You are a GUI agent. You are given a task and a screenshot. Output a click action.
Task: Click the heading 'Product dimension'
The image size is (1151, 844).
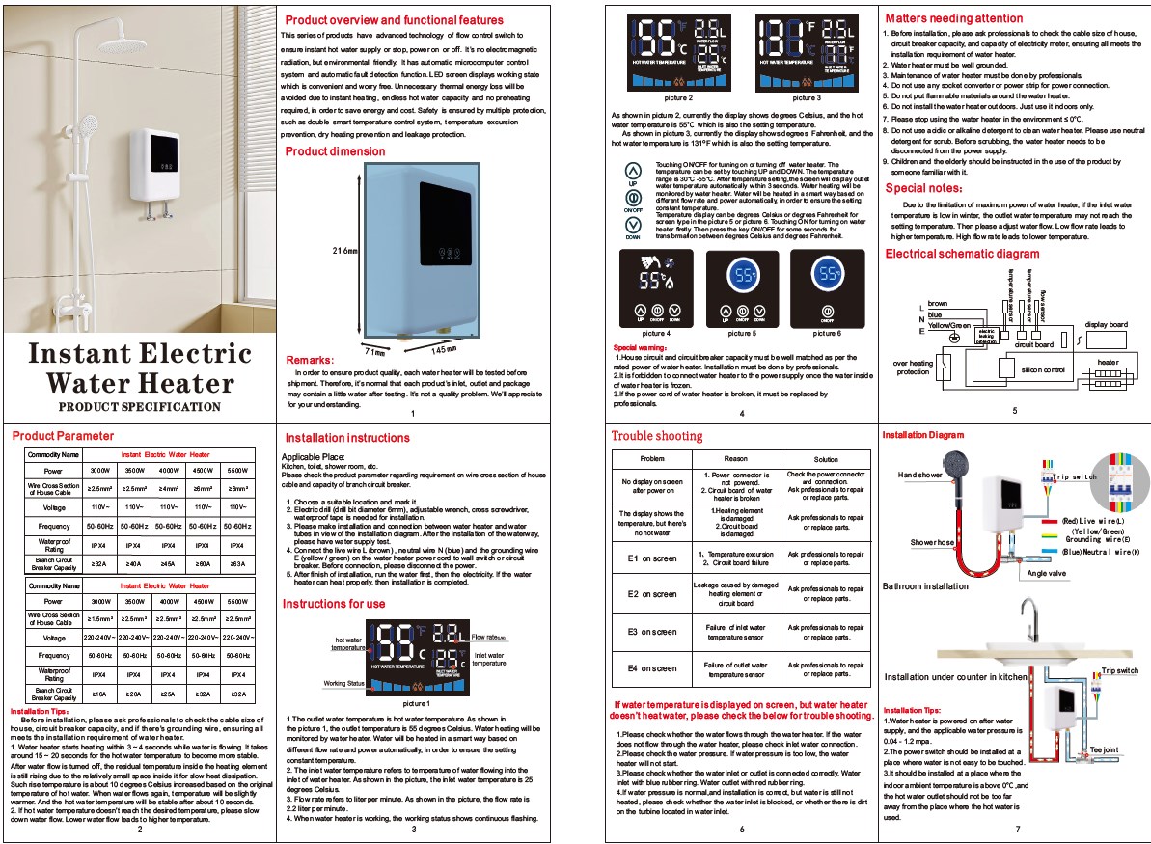[x=335, y=151]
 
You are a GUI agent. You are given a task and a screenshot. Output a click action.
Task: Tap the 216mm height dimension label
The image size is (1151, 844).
[x=344, y=251]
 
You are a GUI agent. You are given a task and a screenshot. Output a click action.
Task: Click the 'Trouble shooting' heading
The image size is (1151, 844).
[x=657, y=436]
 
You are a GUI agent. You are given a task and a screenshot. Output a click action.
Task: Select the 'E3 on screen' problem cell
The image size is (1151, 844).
[x=652, y=632]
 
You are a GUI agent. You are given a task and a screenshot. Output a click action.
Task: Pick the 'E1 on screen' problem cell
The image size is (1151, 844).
[x=652, y=558]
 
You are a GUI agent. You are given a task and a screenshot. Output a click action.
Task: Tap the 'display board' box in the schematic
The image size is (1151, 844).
[x=1106, y=325]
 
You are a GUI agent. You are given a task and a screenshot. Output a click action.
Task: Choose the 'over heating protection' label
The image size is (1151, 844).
[x=913, y=367]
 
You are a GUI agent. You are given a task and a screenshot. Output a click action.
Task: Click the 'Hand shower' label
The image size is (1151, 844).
[x=919, y=475]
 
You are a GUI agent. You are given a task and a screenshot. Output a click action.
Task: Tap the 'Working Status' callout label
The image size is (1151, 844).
[x=343, y=683]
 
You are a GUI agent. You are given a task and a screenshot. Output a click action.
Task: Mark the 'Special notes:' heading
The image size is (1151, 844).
[x=923, y=189]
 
